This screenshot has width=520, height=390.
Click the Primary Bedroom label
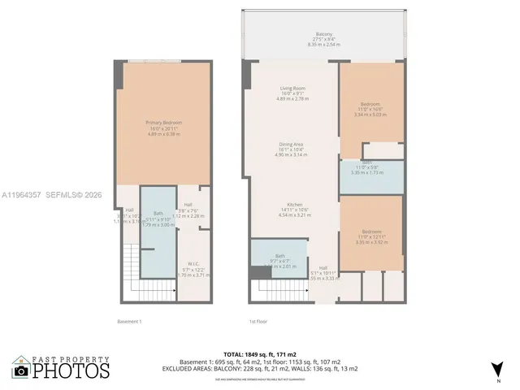coord(163,123)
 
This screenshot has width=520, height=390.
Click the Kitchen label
coord(294,204)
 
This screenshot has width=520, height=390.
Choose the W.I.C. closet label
coord(193,263)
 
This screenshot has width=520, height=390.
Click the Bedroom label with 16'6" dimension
coord(371,104)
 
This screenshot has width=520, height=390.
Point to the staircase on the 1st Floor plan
coord(280,289)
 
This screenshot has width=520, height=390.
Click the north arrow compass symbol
coord(497,370)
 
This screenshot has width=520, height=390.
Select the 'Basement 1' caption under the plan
coord(128,322)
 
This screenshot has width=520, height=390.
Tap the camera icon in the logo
coord(20,370)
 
